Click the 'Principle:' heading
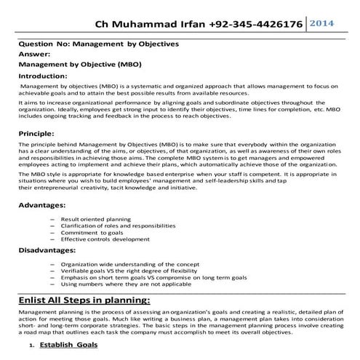tap(36, 135)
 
